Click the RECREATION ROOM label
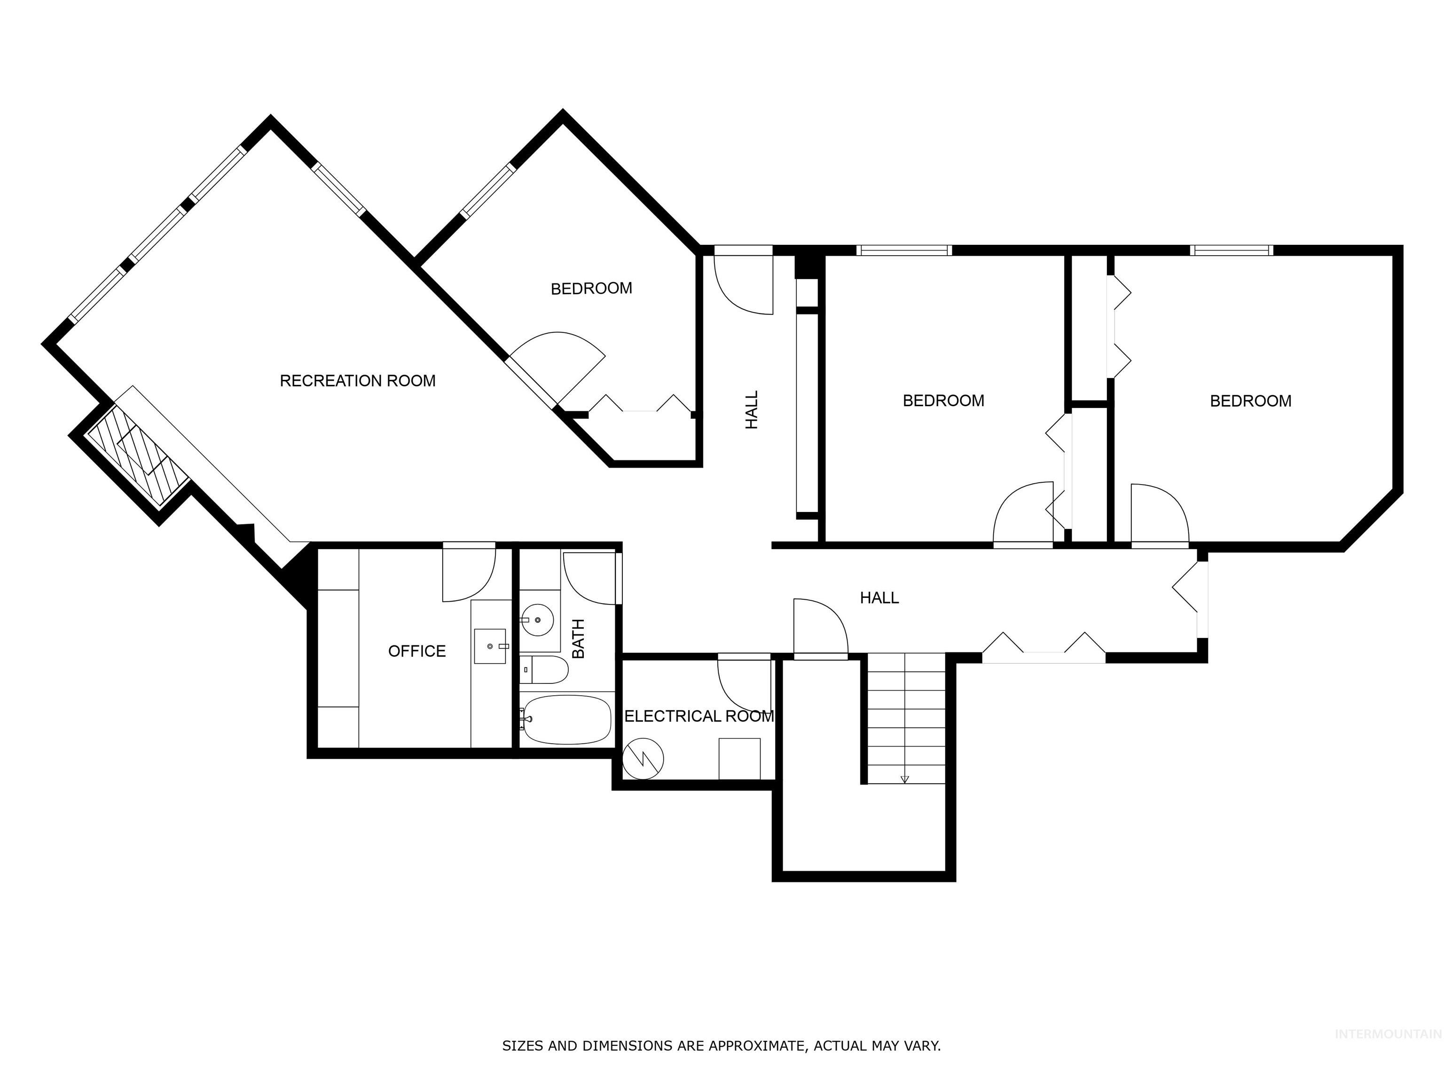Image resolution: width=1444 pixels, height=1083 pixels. [357, 381]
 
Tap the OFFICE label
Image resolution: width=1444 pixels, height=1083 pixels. [416, 651]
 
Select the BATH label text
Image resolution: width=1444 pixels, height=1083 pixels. [578, 638]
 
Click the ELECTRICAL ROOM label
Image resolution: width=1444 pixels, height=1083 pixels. [698, 716]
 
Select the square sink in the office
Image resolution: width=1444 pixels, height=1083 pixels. [490, 646]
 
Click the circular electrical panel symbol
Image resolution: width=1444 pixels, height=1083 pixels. [643, 759]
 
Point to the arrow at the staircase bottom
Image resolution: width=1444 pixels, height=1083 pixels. [905, 779]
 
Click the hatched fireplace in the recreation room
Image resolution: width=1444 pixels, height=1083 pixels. [138, 457]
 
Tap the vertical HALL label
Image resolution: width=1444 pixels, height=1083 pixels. [752, 410]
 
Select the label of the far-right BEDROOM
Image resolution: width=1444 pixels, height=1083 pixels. [1250, 401]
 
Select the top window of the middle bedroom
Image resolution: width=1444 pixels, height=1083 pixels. [904, 250]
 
